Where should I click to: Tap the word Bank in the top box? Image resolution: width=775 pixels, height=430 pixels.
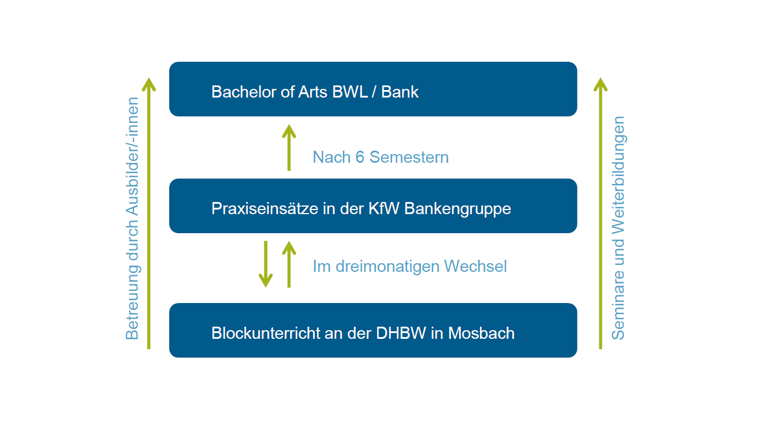(x=400, y=92)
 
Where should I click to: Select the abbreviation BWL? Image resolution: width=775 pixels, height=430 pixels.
(x=350, y=92)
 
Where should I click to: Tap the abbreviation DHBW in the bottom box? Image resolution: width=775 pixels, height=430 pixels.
(x=401, y=333)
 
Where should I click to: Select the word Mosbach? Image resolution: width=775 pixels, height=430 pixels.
(x=481, y=333)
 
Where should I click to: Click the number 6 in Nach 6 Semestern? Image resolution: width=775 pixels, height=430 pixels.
(x=360, y=157)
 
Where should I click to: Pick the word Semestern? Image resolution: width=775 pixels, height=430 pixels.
(x=409, y=157)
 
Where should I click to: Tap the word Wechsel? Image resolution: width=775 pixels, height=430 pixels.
(x=475, y=267)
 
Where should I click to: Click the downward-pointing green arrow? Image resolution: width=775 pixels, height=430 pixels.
(x=266, y=264)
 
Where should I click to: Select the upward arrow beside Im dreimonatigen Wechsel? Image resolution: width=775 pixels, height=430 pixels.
(x=289, y=264)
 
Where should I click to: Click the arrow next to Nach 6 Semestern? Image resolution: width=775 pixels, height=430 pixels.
(x=289, y=148)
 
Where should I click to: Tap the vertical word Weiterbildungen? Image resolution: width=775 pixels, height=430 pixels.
(x=618, y=175)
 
